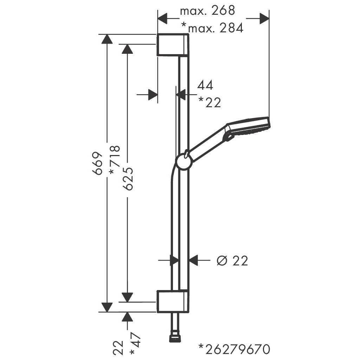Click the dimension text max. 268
[x=207, y=11]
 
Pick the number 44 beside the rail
[x=205, y=85]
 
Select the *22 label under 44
[x=210, y=102]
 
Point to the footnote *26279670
[x=234, y=349]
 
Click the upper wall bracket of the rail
[x=173, y=45]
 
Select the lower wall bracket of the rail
[x=173, y=301]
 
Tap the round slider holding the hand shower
[x=184, y=162]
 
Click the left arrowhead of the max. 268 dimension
[x=163, y=18]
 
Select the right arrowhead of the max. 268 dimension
[x=264, y=18]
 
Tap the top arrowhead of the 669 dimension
[x=107, y=39]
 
